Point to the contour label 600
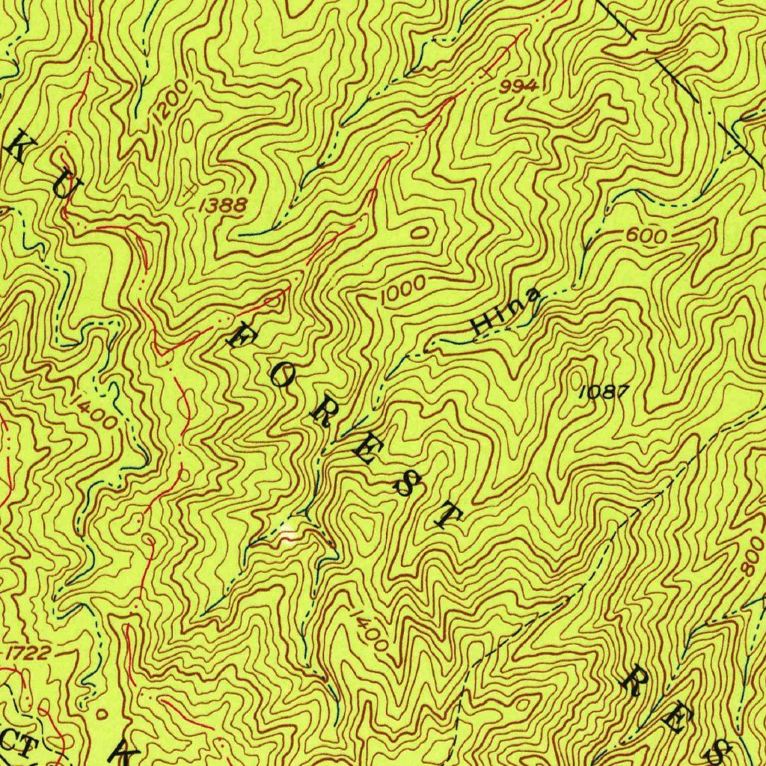(646, 236)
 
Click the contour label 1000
(402, 289)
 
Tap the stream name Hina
(505, 313)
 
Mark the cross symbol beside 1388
(191, 191)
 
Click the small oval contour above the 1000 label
(421, 233)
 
